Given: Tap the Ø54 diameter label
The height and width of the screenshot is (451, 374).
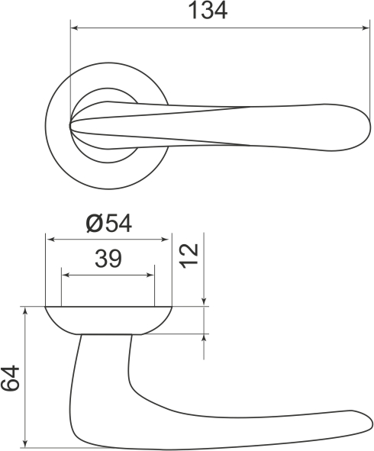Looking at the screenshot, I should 108,224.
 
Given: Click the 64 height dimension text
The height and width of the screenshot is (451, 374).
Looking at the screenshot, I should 11,379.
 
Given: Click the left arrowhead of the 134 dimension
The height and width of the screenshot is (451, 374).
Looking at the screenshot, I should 74,29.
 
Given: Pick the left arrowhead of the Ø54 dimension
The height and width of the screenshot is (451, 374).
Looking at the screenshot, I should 50,239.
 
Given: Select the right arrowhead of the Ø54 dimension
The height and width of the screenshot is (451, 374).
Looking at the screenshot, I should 167,239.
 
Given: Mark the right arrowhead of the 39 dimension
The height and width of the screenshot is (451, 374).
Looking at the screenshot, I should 150,274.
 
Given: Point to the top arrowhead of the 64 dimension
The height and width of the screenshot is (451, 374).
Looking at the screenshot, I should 26,312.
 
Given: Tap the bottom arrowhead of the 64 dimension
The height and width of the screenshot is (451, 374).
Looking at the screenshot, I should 26,442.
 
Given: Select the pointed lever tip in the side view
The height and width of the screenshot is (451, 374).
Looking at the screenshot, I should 369,424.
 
